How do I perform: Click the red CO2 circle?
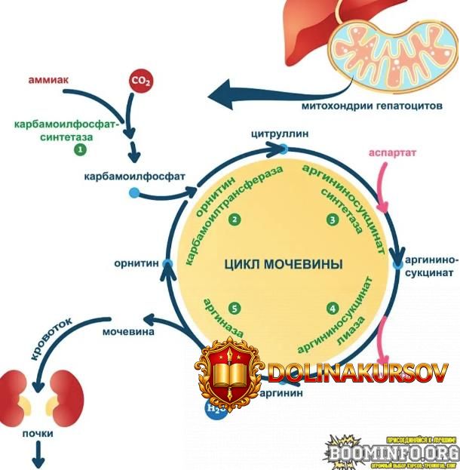click(x=139, y=80)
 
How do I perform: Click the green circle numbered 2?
click(x=235, y=220)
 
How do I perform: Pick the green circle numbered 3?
click(x=332, y=220)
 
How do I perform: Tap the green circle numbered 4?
click(x=332, y=309)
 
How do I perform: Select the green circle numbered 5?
click(x=235, y=309)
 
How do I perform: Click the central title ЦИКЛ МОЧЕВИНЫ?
click(x=283, y=265)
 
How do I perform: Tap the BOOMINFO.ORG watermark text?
click(x=393, y=453)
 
